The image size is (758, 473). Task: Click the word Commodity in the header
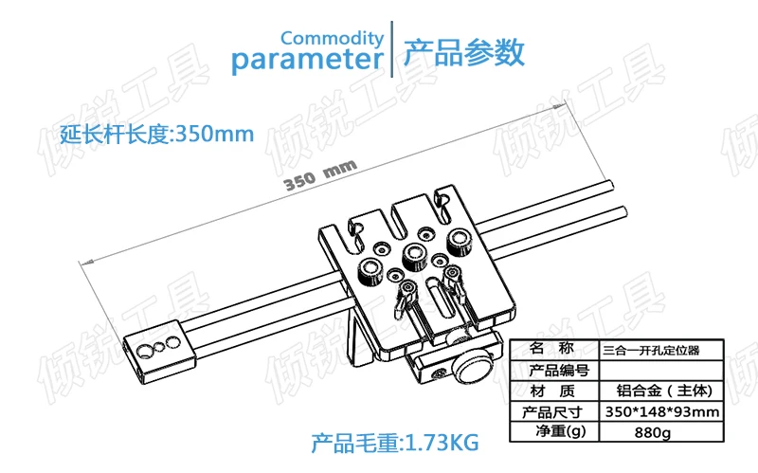[x=332, y=39]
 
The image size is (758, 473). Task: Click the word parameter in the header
[x=307, y=62]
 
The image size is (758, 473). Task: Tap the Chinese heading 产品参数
[x=464, y=52]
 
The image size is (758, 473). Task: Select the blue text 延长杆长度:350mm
[x=156, y=134]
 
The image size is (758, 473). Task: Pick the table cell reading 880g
[x=651, y=433]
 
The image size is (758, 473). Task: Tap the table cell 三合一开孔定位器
[x=651, y=349]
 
